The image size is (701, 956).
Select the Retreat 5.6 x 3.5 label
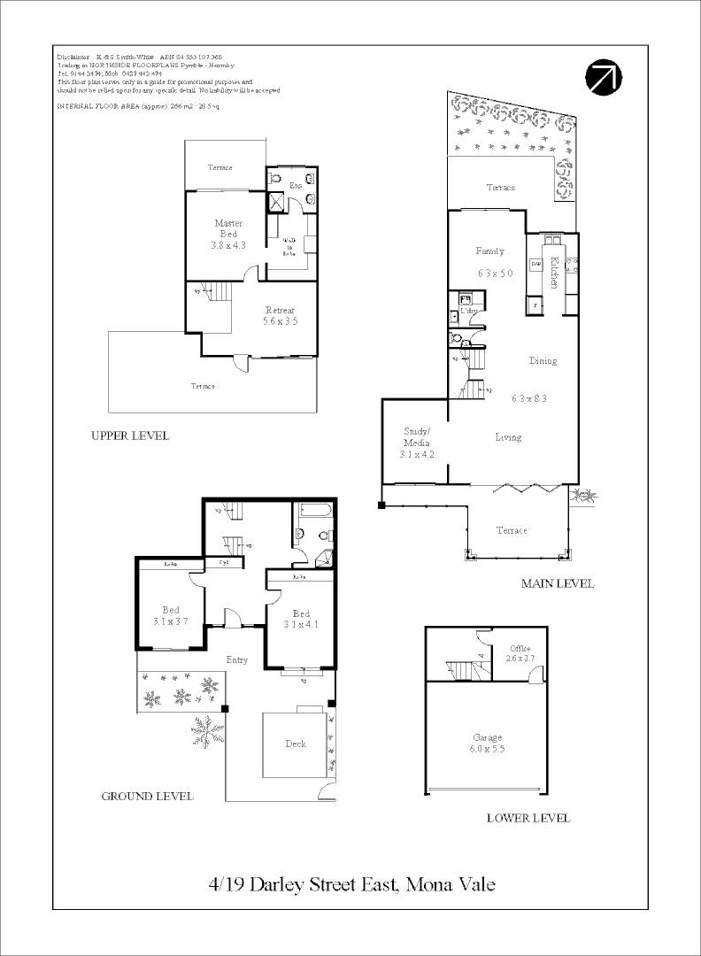pos(279,316)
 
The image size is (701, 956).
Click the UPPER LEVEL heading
pos(130,436)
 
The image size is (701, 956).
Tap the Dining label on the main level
pos(543,361)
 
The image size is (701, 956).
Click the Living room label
pos(508,437)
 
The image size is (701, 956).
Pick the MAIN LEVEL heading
pos(558,583)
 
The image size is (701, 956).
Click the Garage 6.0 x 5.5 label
pos(487,744)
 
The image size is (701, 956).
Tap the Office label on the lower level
pos(520,653)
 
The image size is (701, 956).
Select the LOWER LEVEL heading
pos(528,818)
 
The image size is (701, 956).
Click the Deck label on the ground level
pos(296,744)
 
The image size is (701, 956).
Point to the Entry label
pos(237,659)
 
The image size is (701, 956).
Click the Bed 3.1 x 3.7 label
pos(171,615)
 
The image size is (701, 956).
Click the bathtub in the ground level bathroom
pos(313,511)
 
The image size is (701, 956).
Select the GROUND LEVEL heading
pos(148,796)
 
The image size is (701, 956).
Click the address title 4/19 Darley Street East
pos(351,883)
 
